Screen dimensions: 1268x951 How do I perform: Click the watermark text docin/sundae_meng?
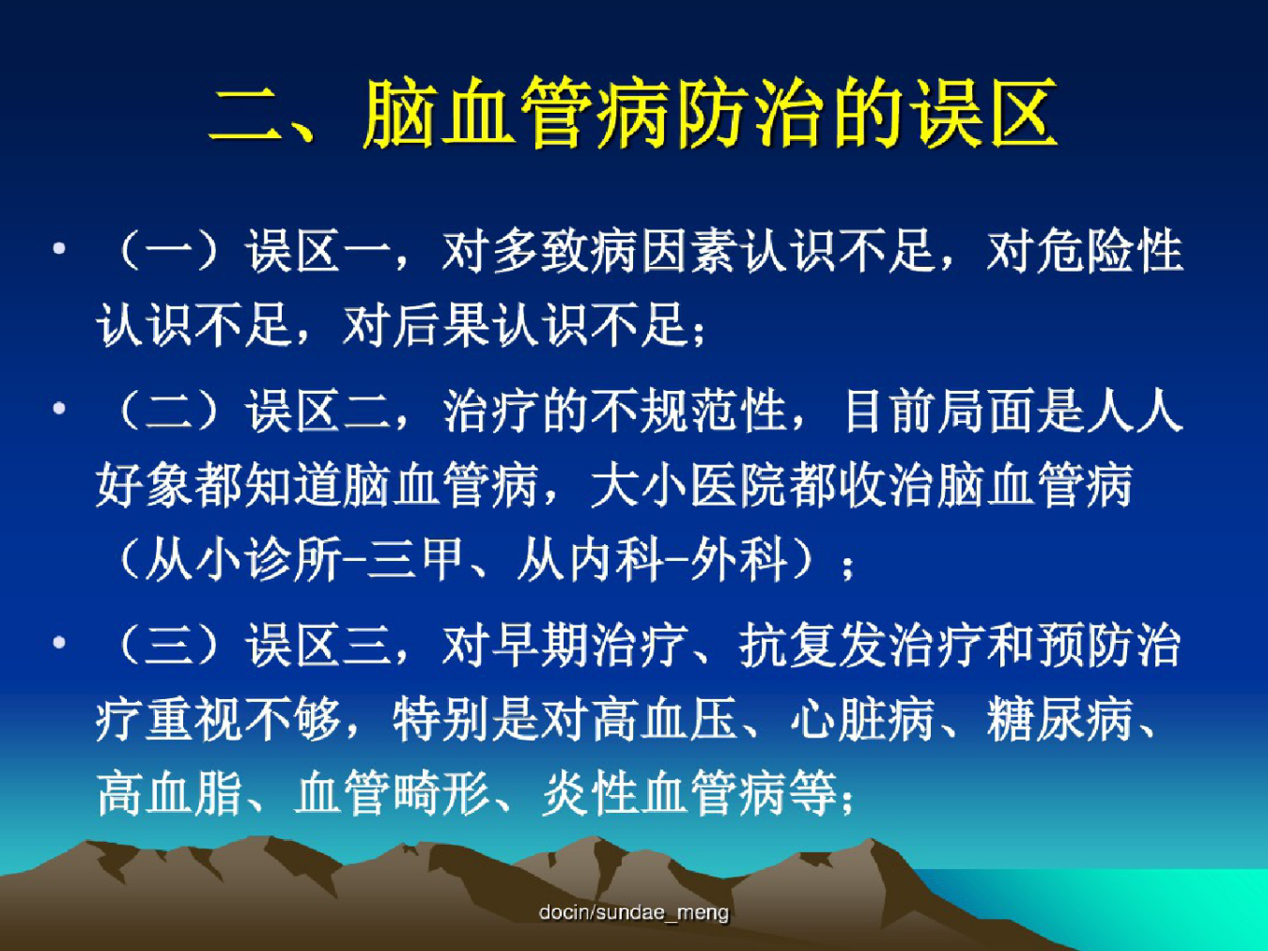[x=634, y=912]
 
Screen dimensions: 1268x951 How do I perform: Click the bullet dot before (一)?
[x=59, y=249]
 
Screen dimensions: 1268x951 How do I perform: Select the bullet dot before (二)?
[x=59, y=409]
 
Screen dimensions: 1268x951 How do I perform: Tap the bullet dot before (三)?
[x=59, y=643]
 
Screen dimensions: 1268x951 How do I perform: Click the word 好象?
[x=145, y=485]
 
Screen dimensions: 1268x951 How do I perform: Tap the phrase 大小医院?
[x=688, y=485]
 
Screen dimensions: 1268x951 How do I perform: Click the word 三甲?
[x=415, y=559]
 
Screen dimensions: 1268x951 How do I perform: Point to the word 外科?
[x=739, y=559]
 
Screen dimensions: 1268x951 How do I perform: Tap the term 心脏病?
[x=862, y=719]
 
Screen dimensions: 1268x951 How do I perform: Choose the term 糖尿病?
[x=1059, y=719]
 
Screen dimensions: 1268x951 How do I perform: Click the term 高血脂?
[x=169, y=793]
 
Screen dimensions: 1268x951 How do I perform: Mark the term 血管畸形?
[x=392, y=793]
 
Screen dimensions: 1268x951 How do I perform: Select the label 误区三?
[x=318, y=645]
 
